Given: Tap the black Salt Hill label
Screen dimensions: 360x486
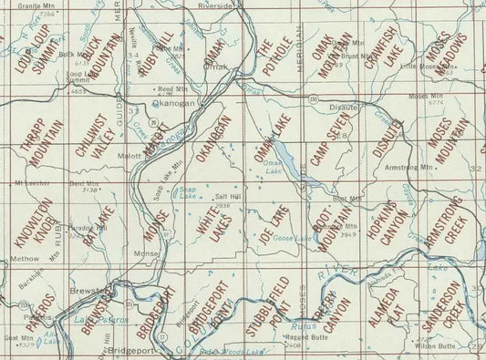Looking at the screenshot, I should point(227,195).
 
